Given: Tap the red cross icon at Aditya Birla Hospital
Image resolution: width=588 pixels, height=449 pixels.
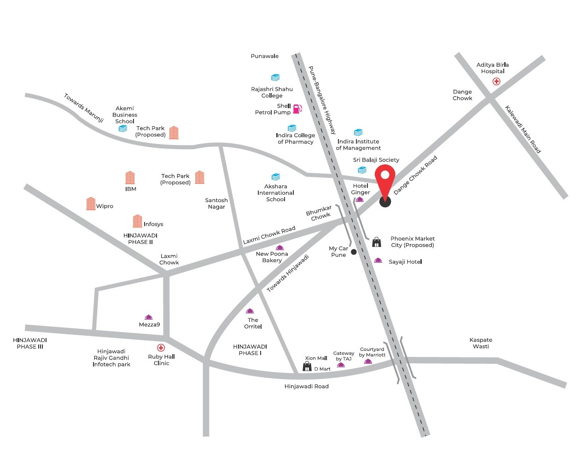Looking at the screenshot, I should click(496, 82).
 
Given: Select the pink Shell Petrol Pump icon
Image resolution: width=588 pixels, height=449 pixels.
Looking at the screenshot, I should click(297, 109).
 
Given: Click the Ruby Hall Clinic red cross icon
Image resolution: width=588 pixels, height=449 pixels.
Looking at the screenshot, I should click(161, 348).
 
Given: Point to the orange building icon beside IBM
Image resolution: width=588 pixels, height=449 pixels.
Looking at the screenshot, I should click(130, 178).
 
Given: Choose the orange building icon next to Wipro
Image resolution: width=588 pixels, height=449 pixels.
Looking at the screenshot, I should click(91, 204).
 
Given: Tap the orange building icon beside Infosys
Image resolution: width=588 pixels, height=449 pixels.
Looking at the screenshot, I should click(137, 221).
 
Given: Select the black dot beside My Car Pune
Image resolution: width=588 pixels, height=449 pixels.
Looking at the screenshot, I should click(354, 252).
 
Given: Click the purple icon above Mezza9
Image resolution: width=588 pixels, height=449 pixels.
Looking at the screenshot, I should click(148, 317).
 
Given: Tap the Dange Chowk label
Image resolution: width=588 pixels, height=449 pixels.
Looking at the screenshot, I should click(462, 95).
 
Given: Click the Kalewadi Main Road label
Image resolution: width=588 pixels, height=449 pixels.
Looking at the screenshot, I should click(523, 129).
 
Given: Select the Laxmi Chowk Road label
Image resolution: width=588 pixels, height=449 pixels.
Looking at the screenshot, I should click(269, 235).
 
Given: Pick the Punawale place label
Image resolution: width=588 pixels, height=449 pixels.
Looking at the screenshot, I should click(265, 56).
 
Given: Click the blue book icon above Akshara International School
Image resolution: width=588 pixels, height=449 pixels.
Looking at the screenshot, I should click(276, 177).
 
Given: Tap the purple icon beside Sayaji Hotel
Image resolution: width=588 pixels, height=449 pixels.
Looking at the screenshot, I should click(378, 261).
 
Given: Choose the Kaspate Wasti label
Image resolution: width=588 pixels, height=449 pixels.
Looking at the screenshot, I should click(481, 343).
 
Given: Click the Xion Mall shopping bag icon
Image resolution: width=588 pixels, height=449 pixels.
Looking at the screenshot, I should click(307, 367).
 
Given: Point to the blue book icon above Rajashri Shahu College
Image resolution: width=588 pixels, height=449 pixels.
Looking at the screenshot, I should click(275, 77).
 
